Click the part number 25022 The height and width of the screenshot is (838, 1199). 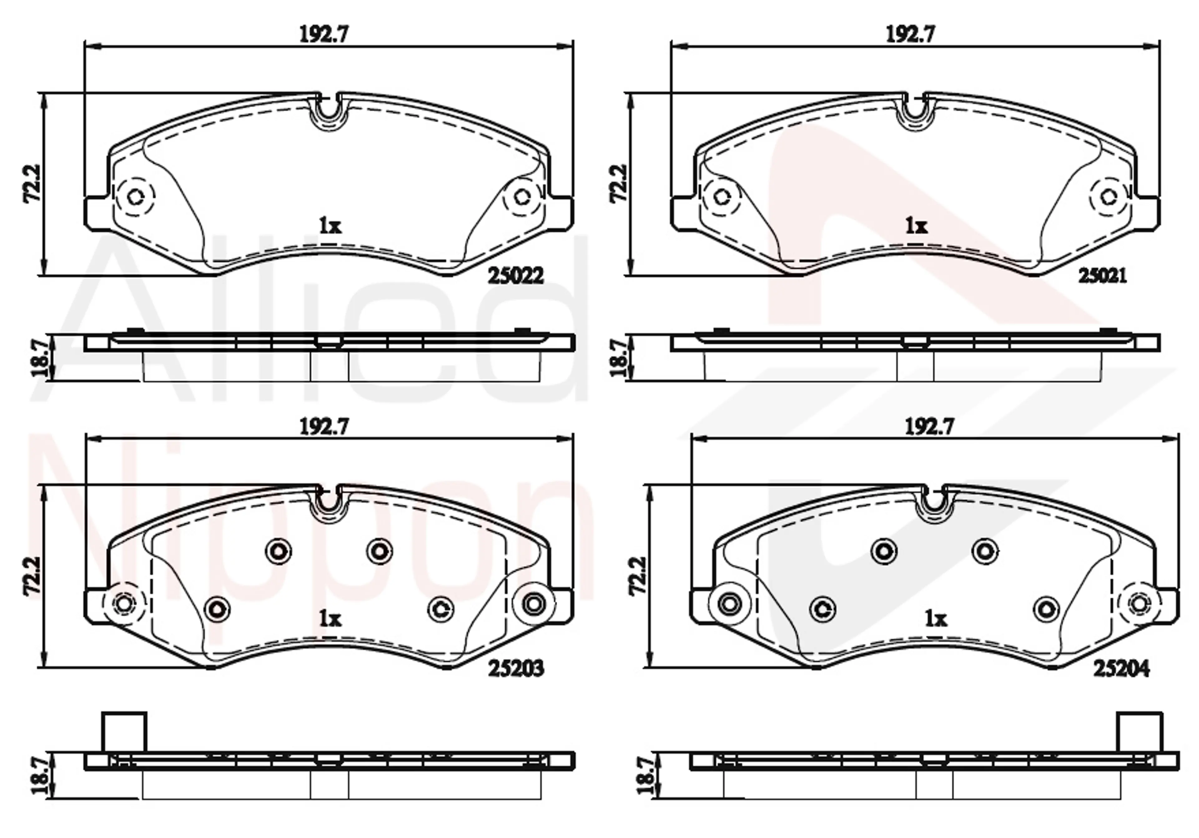516,275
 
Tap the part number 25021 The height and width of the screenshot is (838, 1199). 1103,275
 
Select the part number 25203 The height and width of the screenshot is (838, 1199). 516,668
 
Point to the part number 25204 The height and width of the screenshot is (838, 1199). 1122,668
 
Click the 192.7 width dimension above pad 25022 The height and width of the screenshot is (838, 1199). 324,34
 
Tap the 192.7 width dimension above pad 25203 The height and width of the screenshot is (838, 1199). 324,427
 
